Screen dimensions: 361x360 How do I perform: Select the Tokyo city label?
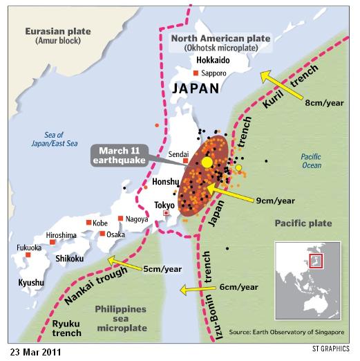[164, 205]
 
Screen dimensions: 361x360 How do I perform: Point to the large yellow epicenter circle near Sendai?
[207, 162]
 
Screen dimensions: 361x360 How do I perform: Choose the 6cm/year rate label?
[240, 286]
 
